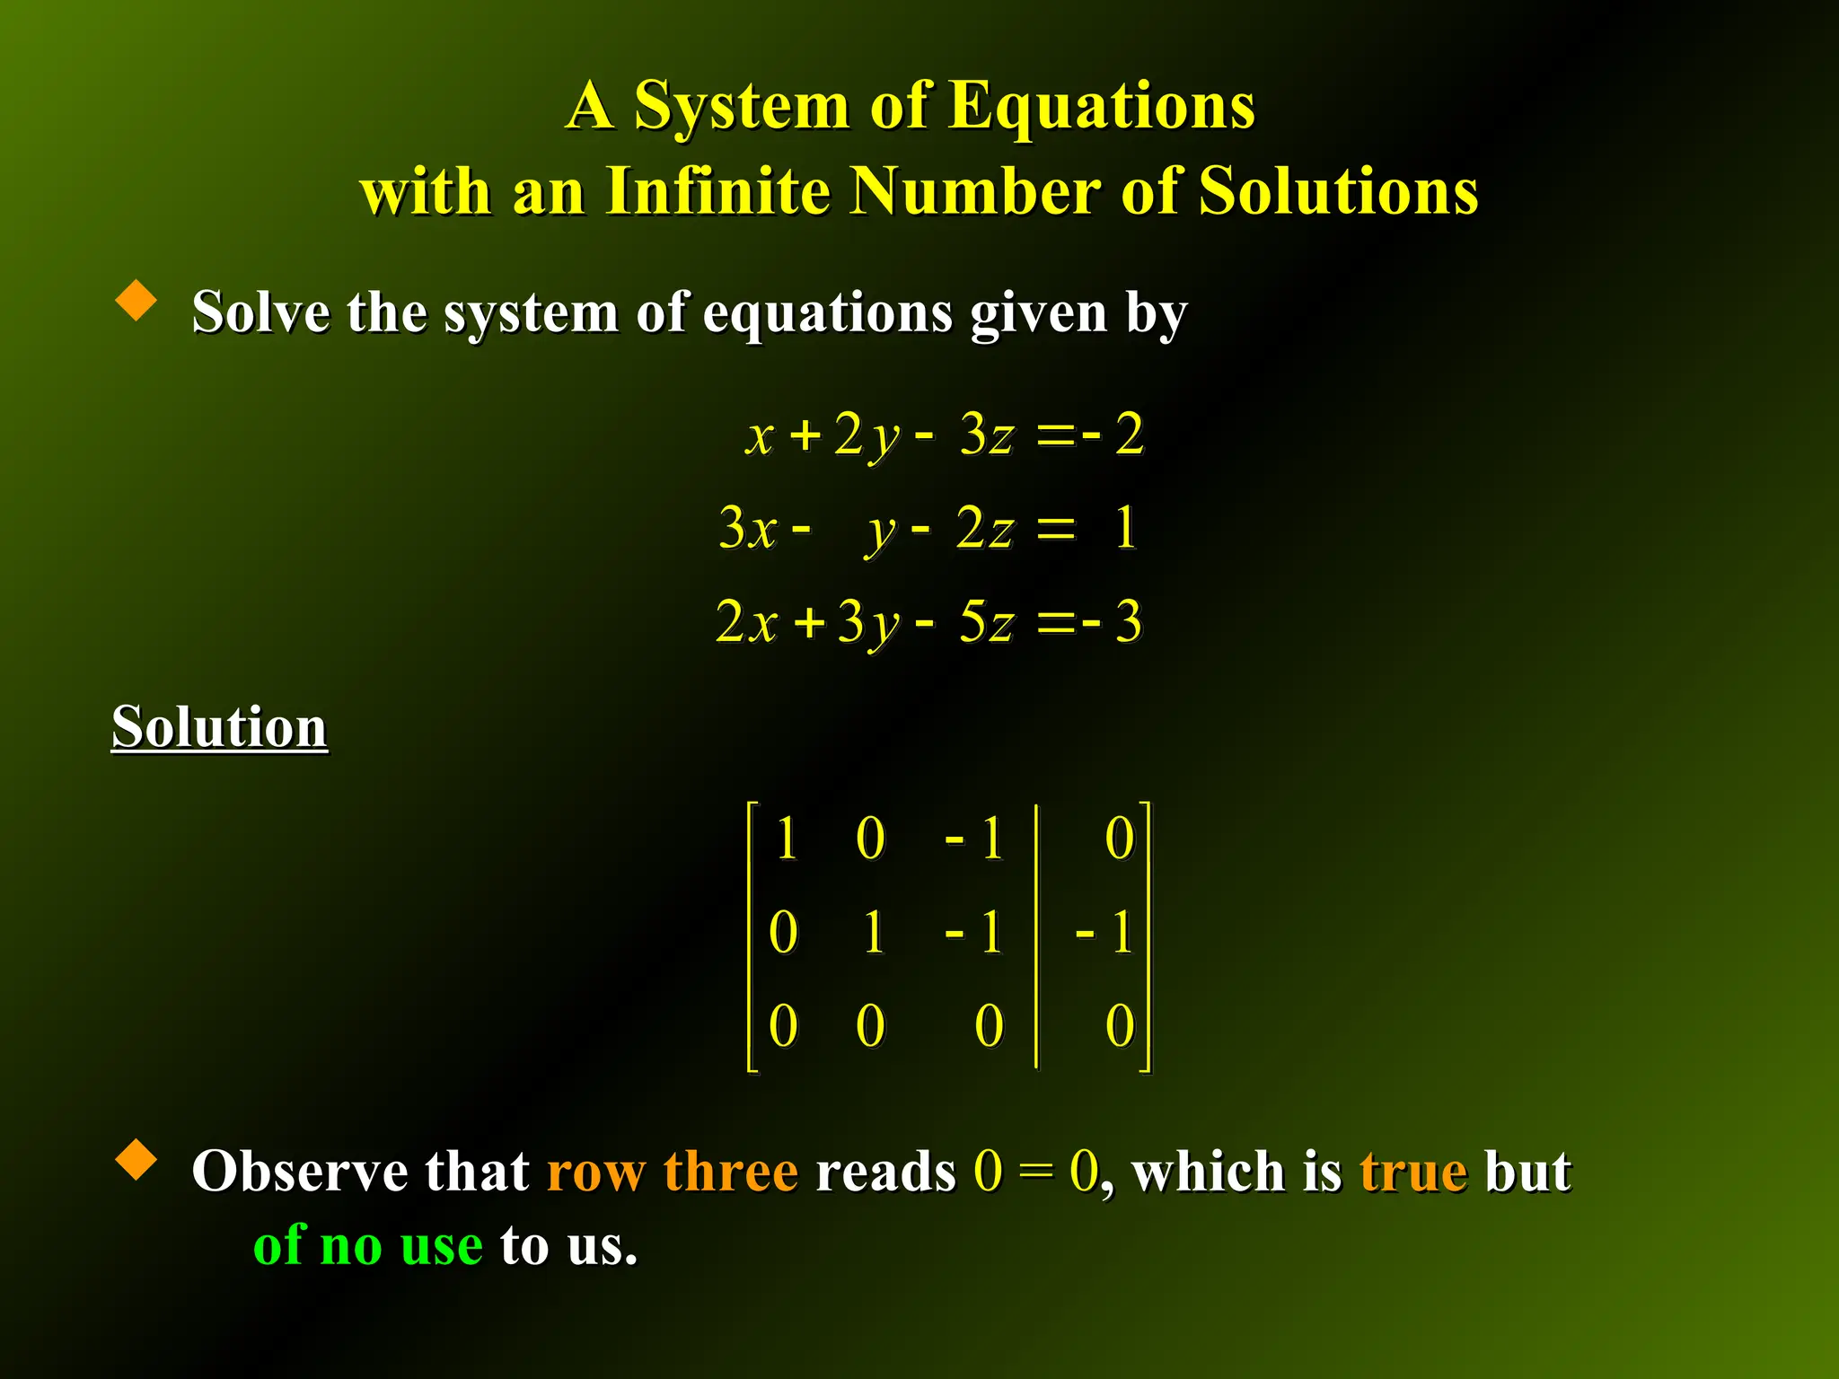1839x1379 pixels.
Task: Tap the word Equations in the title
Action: [1102, 106]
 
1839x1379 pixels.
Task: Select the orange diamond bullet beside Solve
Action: [136, 300]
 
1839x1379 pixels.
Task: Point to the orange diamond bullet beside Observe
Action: [136, 1159]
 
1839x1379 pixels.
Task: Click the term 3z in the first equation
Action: [986, 435]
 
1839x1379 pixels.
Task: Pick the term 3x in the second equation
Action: [747, 528]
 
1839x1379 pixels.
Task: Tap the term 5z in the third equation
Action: [986, 621]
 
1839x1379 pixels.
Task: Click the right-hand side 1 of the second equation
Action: [1125, 528]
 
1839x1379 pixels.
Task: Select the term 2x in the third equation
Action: [745, 621]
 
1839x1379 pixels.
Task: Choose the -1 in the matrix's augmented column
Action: [1105, 932]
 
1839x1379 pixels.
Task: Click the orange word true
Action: [1412, 1172]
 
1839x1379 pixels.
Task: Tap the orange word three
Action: [730, 1172]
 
